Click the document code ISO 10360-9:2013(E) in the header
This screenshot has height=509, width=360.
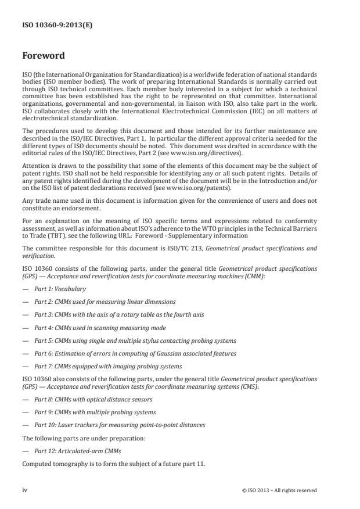click(x=49, y=25)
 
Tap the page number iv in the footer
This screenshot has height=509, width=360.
click(x=24, y=490)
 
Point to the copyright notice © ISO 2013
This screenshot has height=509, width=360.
click(x=279, y=490)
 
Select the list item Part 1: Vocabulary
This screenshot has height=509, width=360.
click(x=60, y=289)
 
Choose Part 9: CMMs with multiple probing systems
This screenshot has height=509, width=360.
click(x=93, y=412)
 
